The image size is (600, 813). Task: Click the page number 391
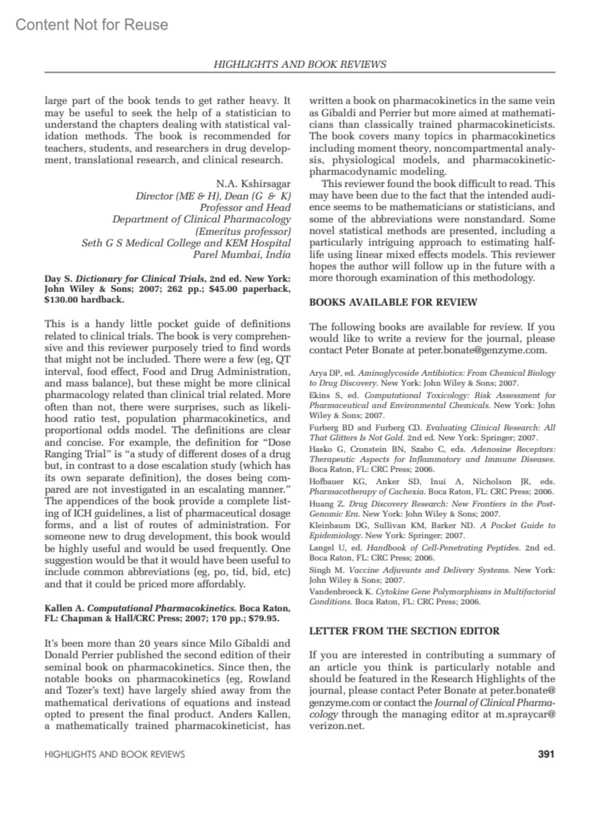(545, 754)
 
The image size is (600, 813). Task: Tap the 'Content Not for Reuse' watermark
(92, 25)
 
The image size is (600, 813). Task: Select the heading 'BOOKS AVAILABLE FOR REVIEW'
(393, 302)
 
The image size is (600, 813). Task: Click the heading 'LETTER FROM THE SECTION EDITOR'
(404, 631)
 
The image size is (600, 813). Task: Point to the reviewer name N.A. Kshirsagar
(253, 184)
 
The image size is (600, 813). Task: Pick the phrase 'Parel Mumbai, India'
(242, 255)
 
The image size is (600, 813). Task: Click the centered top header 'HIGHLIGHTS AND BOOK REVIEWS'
(299, 64)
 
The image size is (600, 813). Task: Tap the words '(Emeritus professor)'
(242, 231)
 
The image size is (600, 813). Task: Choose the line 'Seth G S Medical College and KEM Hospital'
(186, 243)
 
